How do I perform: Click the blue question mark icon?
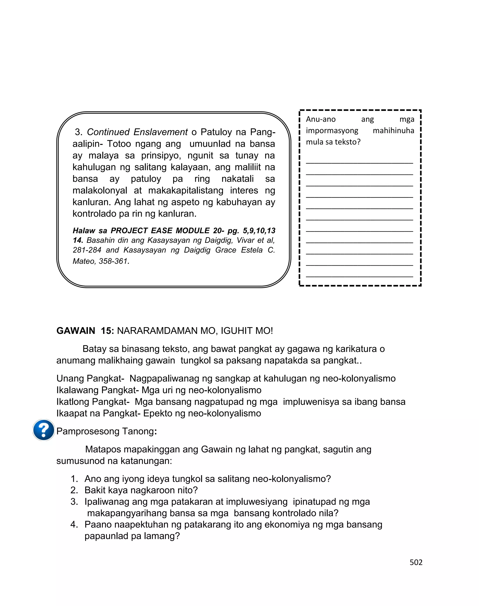coord(44,430)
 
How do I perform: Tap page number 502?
coord(416,562)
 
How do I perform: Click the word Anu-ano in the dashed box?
coord(321,119)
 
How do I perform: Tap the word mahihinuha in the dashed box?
coord(393,131)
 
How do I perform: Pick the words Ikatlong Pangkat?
coord(93,402)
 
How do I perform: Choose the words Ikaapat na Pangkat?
coord(98,413)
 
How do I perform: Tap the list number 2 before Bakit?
coord(74,490)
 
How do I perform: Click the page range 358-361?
coord(113,261)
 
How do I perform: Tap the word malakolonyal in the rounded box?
coord(100,190)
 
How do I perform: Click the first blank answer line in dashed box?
coord(359,162)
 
